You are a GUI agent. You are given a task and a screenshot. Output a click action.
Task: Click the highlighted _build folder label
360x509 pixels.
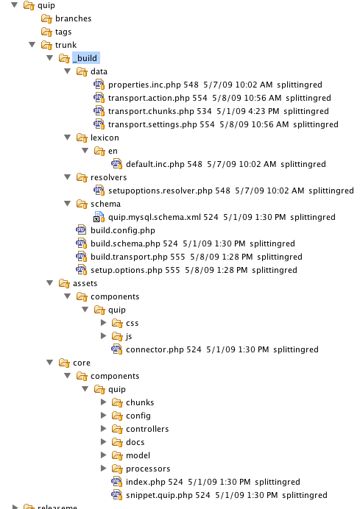pyautogui.click(x=86, y=58)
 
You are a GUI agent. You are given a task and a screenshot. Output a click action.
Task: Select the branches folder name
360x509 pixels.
pyautogui.click(x=73, y=18)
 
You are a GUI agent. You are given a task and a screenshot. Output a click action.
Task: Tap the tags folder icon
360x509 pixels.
pyautogui.click(x=46, y=32)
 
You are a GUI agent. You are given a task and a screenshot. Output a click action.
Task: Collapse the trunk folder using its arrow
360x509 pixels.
pyautogui.click(x=32, y=44)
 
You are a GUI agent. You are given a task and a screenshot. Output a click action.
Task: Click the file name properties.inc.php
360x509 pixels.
pyautogui.click(x=144, y=85)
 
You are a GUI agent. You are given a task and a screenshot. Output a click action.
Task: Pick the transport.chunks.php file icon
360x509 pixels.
pyautogui.click(x=99, y=111)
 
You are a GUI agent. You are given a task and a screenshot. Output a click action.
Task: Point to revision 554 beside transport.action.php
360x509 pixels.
pyautogui.click(x=200, y=98)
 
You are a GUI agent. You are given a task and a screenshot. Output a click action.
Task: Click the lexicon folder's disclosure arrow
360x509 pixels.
pyautogui.click(x=67, y=138)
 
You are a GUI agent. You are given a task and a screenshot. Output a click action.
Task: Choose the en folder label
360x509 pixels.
pyautogui.click(x=113, y=151)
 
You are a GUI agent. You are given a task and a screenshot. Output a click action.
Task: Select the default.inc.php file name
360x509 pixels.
pyautogui.click(x=155, y=164)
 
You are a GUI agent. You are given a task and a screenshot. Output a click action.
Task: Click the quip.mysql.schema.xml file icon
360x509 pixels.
pyautogui.click(x=99, y=217)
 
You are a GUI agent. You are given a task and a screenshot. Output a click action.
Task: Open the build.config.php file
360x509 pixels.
pyautogui.click(x=122, y=230)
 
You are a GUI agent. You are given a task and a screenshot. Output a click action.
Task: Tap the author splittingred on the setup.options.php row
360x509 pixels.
pyautogui.click(x=274, y=270)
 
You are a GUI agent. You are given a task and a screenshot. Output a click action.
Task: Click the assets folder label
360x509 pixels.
pyautogui.click(x=85, y=283)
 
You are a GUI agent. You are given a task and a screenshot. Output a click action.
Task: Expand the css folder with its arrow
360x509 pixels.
pyautogui.click(x=104, y=323)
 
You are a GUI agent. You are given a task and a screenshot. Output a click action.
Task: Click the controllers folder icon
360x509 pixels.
pyautogui.click(x=117, y=429)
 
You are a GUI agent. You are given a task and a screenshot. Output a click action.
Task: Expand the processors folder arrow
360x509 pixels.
pyautogui.click(x=104, y=468)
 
